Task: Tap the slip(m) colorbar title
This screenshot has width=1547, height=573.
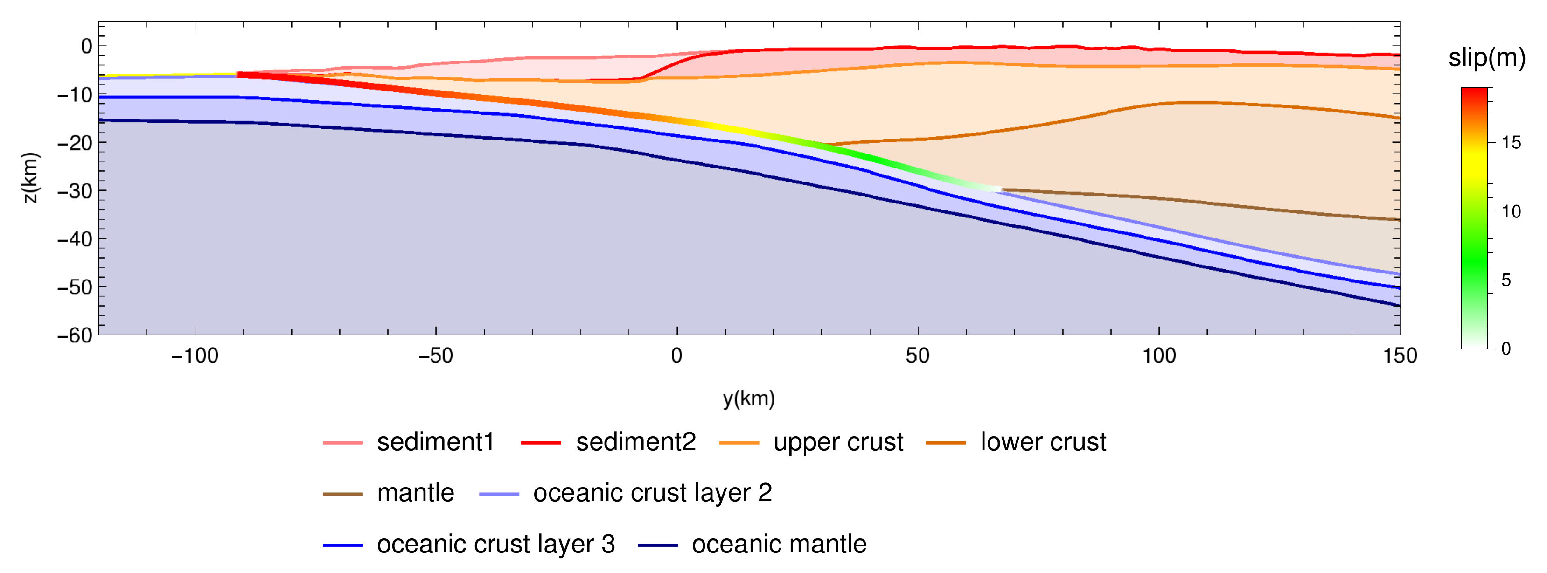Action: [x=1486, y=58]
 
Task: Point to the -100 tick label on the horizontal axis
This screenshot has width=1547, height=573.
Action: [x=195, y=356]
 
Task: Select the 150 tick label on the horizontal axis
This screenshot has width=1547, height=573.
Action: [x=1399, y=356]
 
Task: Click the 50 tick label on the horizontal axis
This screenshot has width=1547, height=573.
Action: [x=917, y=356]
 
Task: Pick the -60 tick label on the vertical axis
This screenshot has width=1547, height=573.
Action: [x=75, y=335]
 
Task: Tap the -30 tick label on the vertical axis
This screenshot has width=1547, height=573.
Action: [x=75, y=191]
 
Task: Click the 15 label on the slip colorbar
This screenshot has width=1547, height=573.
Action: [x=1511, y=143]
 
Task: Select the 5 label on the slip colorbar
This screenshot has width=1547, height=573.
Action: [x=1505, y=280]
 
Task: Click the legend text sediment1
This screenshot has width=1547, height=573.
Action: [x=435, y=442]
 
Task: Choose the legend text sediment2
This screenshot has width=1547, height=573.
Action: [x=635, y=442]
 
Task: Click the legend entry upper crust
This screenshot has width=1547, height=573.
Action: [x=838, y=442]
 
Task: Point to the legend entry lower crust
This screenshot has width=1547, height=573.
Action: [x=1043, y=442]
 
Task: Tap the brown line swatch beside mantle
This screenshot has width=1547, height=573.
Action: [x=342, y=494]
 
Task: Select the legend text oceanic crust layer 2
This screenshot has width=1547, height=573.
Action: [x=652, y=493]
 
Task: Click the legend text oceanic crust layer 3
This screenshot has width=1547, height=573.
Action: [x=495, y=544]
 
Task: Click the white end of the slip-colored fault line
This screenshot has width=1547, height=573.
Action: [x=997, y=189]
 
